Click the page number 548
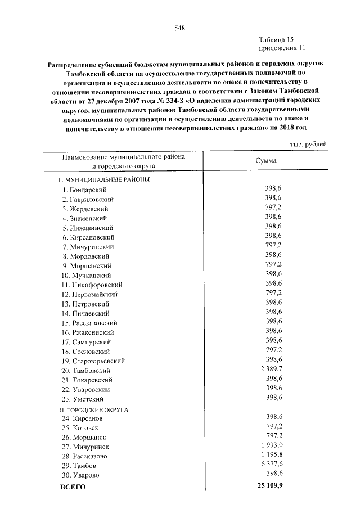(x=179, y=28)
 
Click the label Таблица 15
(x=276, y=39)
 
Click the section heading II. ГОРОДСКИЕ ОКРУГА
(x=94, y=409)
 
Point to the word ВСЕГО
(x=73, y=487)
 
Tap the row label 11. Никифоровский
(x=91, y=285)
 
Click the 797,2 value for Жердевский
(x=273, y=208)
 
